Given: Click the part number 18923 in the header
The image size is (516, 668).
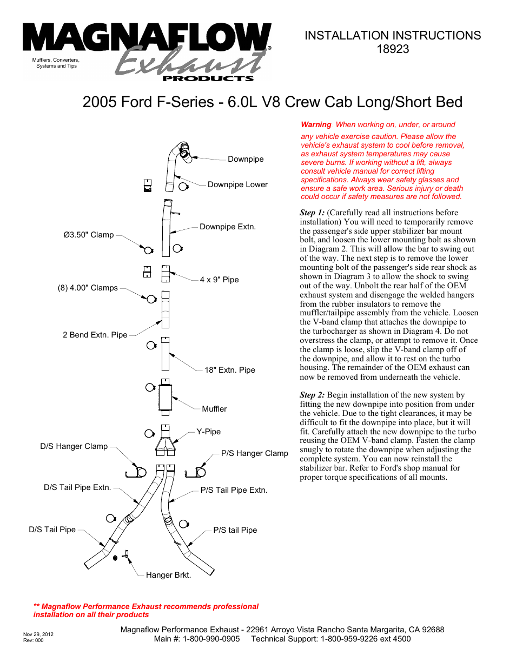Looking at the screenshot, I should pyautogui.click(x=393, y=49).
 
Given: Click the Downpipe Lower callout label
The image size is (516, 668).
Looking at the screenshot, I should pyautogui.click(x=237, y=184).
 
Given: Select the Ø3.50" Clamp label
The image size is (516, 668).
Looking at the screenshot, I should pyautogui.click(x=89, y=235).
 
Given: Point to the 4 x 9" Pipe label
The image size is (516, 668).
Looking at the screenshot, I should pyautogui.click(x=219, y=280).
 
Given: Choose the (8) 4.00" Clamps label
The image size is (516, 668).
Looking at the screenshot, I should pyautogui.click(x=88, y=288).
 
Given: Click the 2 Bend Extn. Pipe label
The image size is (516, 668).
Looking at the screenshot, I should pyautogui.click(x=95, y=335).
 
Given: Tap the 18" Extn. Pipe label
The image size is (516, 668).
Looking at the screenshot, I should pyautogui.click(x=230, y=370).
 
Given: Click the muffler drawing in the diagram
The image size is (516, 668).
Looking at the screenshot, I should pyautogui.click(x=166, y=398).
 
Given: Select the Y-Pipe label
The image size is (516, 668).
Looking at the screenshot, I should pyautogui.click(x=209, y=432).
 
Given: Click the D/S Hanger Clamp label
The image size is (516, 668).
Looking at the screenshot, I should pyautogui.click(x=74, y=446).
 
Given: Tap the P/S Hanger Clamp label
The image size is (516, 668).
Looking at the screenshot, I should pyautogui.click(x=255, y=453).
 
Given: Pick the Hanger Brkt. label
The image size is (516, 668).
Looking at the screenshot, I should pyautogui.click(x=168, y=575).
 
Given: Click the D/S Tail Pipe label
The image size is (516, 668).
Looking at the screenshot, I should pyautogui.click(x=52, y=530).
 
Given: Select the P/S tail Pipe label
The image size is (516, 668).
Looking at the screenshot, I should pyautogui.click(x=235, y=530).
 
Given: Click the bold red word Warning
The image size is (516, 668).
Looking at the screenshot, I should pyautogui.click(x=316, y=124).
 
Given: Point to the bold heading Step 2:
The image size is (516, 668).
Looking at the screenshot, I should pyautogui.click(x=312, y=395).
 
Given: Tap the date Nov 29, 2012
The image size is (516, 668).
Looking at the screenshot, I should pyautogui.click(x=38, y=634).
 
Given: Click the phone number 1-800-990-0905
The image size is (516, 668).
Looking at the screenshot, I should pyautogui.click(x=211, y=639).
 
